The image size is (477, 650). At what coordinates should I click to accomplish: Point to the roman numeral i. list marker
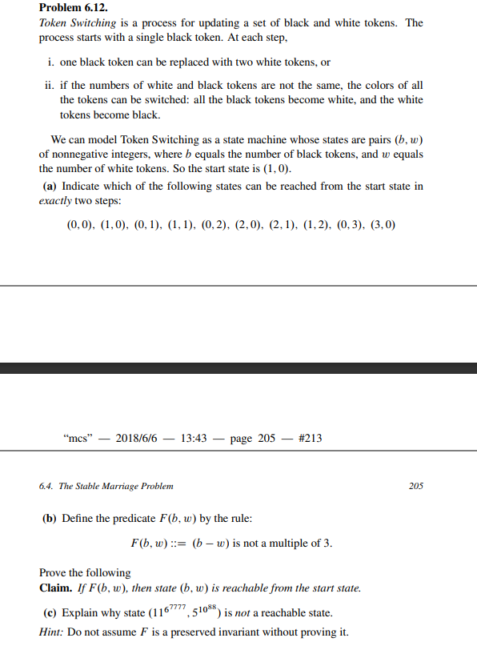pyautogui.click(x=52, y=62)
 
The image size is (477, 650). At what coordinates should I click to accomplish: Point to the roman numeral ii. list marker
pyautogui.click(x=50, y=85)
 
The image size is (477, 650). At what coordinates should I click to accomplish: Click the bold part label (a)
pyautogui.click(x=50, y=186)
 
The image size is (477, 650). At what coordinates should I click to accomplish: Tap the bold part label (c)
pyautogui.click(x=50, y=614)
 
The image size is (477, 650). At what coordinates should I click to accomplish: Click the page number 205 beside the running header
pyautogui.click(x=416, y=486)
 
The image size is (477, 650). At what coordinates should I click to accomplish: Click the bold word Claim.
pyautogui.click(x=56, y=588)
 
